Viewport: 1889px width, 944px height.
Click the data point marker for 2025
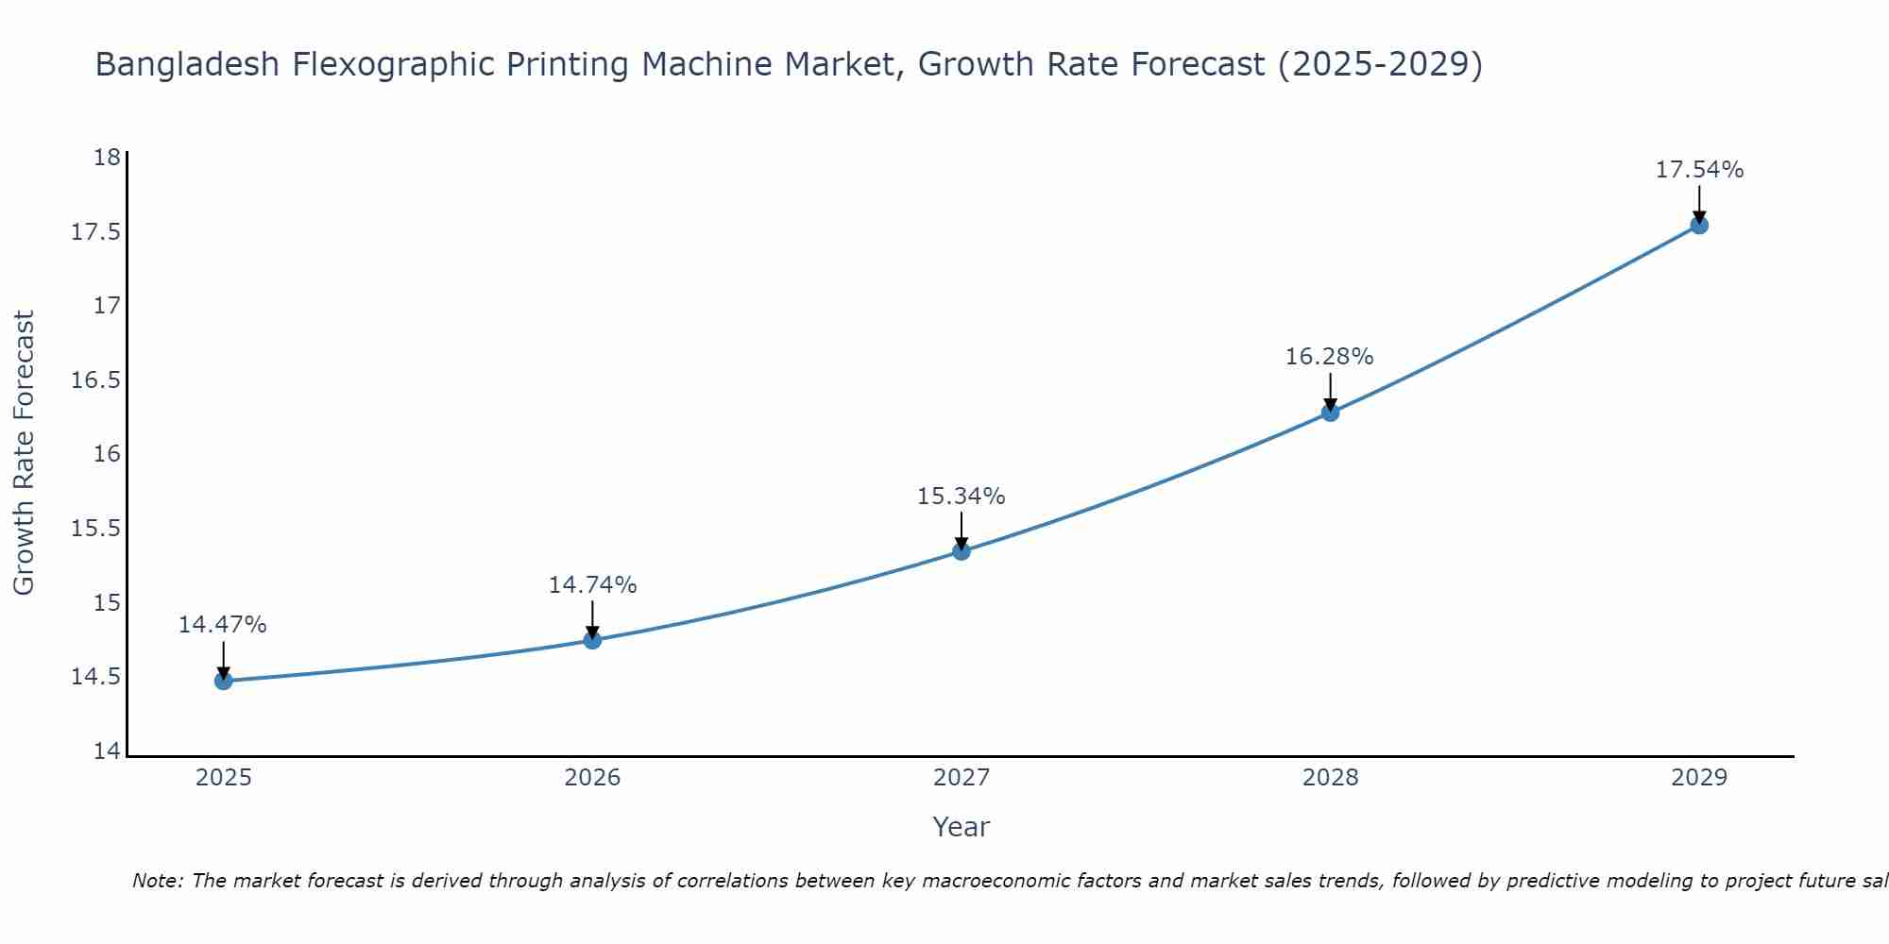(224, 681)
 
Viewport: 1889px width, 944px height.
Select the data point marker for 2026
(592, 640)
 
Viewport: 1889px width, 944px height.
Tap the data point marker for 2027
(962, 550)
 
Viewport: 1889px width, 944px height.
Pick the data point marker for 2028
(1330, 412)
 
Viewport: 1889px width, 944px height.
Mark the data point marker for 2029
(1699, 225)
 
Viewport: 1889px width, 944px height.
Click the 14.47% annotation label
(223, 625)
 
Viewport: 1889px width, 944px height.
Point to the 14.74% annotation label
(592, 585)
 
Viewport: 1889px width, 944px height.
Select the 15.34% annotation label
(962, 496)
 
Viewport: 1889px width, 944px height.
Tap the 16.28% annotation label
(1330, 357)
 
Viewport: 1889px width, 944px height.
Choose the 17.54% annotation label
(1699, 170)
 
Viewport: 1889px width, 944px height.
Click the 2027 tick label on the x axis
(962, 778)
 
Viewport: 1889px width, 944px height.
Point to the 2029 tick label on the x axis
(1699, 778)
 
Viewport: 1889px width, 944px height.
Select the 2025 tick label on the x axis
(224, 778)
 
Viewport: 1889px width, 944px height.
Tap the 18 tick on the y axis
(108, 157)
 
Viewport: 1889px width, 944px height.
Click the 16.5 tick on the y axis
(96, 380)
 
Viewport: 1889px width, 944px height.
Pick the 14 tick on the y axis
(108, 751)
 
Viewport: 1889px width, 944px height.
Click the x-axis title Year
(962, 827)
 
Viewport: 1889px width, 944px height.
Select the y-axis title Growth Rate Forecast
(24, 453)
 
